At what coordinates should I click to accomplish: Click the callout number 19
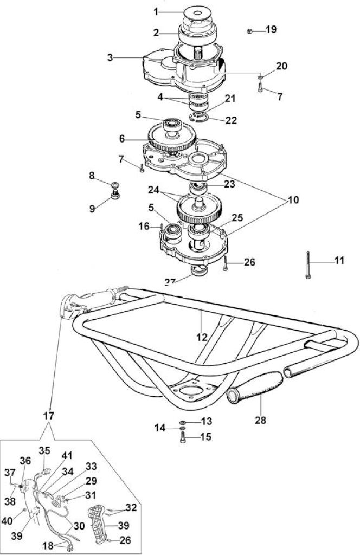click(271, 29)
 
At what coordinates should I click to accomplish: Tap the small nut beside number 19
click(249, 31)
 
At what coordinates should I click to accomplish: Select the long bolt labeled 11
click(308, 264)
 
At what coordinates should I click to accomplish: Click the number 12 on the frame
click(202, 337)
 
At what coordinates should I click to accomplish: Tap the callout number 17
click(49, 415)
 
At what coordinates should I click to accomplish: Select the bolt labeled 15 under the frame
click(183, 438)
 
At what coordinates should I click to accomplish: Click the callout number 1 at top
click(156, 12)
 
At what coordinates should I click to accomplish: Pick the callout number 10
click(293, 199)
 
